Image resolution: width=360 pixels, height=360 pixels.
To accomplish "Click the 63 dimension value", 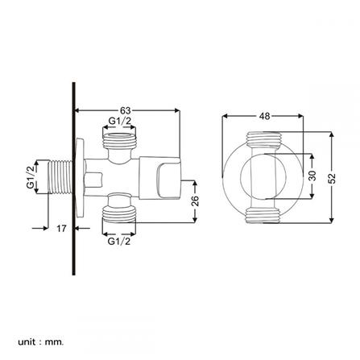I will (125, 110).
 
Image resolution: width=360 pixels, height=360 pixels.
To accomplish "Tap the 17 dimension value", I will (60, 229).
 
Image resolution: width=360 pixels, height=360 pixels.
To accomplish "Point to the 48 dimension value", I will (264, 116).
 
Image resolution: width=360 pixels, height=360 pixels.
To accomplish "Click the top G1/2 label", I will (118, 122).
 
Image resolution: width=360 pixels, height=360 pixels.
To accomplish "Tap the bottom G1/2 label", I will (118, 240).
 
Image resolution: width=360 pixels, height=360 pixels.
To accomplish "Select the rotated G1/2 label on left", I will (30, 177).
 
